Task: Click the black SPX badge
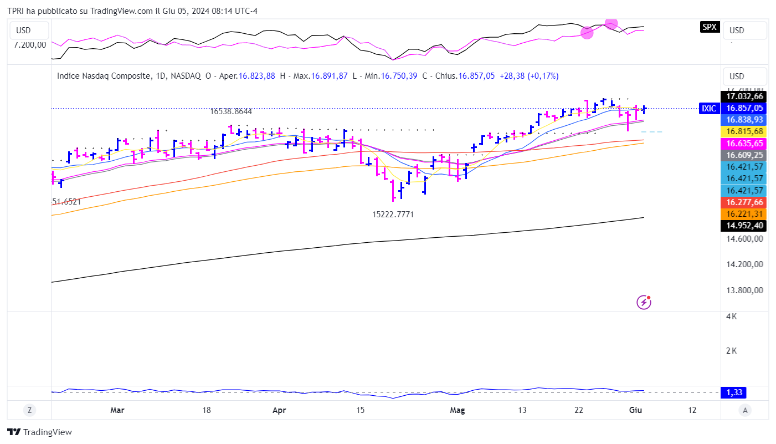(709, 27)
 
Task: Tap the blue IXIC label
(709, 109)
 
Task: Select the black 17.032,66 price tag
(744, 96)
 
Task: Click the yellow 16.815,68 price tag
(744, 131)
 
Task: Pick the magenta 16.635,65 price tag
(744, 144)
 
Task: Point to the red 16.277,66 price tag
(744, 202)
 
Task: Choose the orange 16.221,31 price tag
(744, 214)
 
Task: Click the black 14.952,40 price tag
(744, 226)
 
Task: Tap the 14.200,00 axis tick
(744, 264)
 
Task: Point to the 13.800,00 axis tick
(744, 290)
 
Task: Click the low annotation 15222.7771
(393, 214)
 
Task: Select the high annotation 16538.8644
(231, 111)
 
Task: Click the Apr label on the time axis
(280, 410)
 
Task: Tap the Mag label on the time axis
(458, 410)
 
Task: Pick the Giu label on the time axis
(635, 410)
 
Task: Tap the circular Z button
(29, 410)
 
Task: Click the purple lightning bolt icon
(644, 302)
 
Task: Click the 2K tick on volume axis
(732, 351)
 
